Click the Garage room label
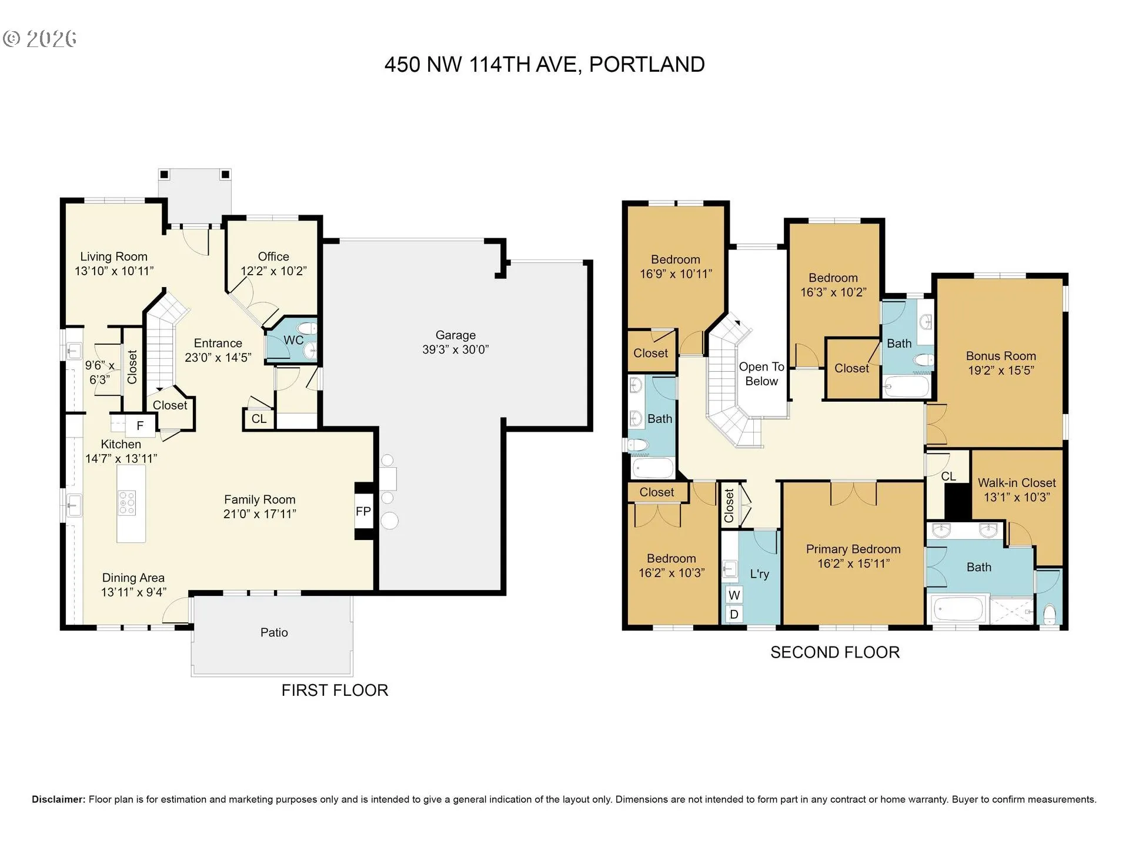456,335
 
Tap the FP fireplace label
363,511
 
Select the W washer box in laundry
734,595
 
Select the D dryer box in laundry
734,615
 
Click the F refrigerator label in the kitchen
140,426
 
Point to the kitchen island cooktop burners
128,503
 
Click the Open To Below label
761,374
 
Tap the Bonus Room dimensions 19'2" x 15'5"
1001,370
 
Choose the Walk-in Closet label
1017,483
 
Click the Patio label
274,632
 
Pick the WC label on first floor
293,340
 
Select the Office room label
273,256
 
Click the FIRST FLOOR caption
335,691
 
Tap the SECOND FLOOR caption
835,652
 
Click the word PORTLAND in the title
647,65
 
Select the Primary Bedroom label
853,549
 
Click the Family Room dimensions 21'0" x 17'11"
259,513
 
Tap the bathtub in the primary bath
959,610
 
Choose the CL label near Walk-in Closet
948,476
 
